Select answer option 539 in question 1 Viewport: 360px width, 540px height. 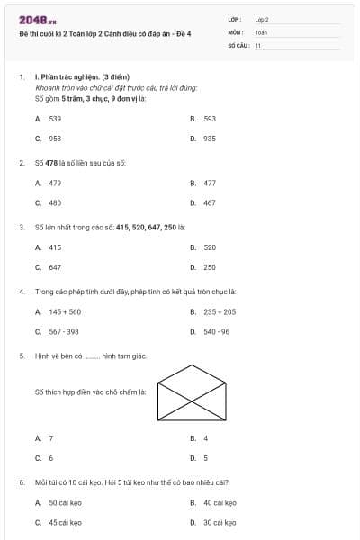click(55, 119)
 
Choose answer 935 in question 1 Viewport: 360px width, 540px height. click(209, 139)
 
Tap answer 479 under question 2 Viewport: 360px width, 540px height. click(55, 183)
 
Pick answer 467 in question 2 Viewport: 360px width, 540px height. click(209, 202)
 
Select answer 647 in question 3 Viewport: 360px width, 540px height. click(55, 267)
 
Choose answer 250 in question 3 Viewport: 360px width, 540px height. click(209, 267)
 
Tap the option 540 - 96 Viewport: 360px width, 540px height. click(216, 331)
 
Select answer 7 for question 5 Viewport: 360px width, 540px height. click(50, 438)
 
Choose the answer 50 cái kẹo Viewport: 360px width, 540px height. click(65, 502)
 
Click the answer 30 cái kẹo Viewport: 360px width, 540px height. click(220, 522)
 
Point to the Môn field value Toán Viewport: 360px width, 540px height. click(261, 31)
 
